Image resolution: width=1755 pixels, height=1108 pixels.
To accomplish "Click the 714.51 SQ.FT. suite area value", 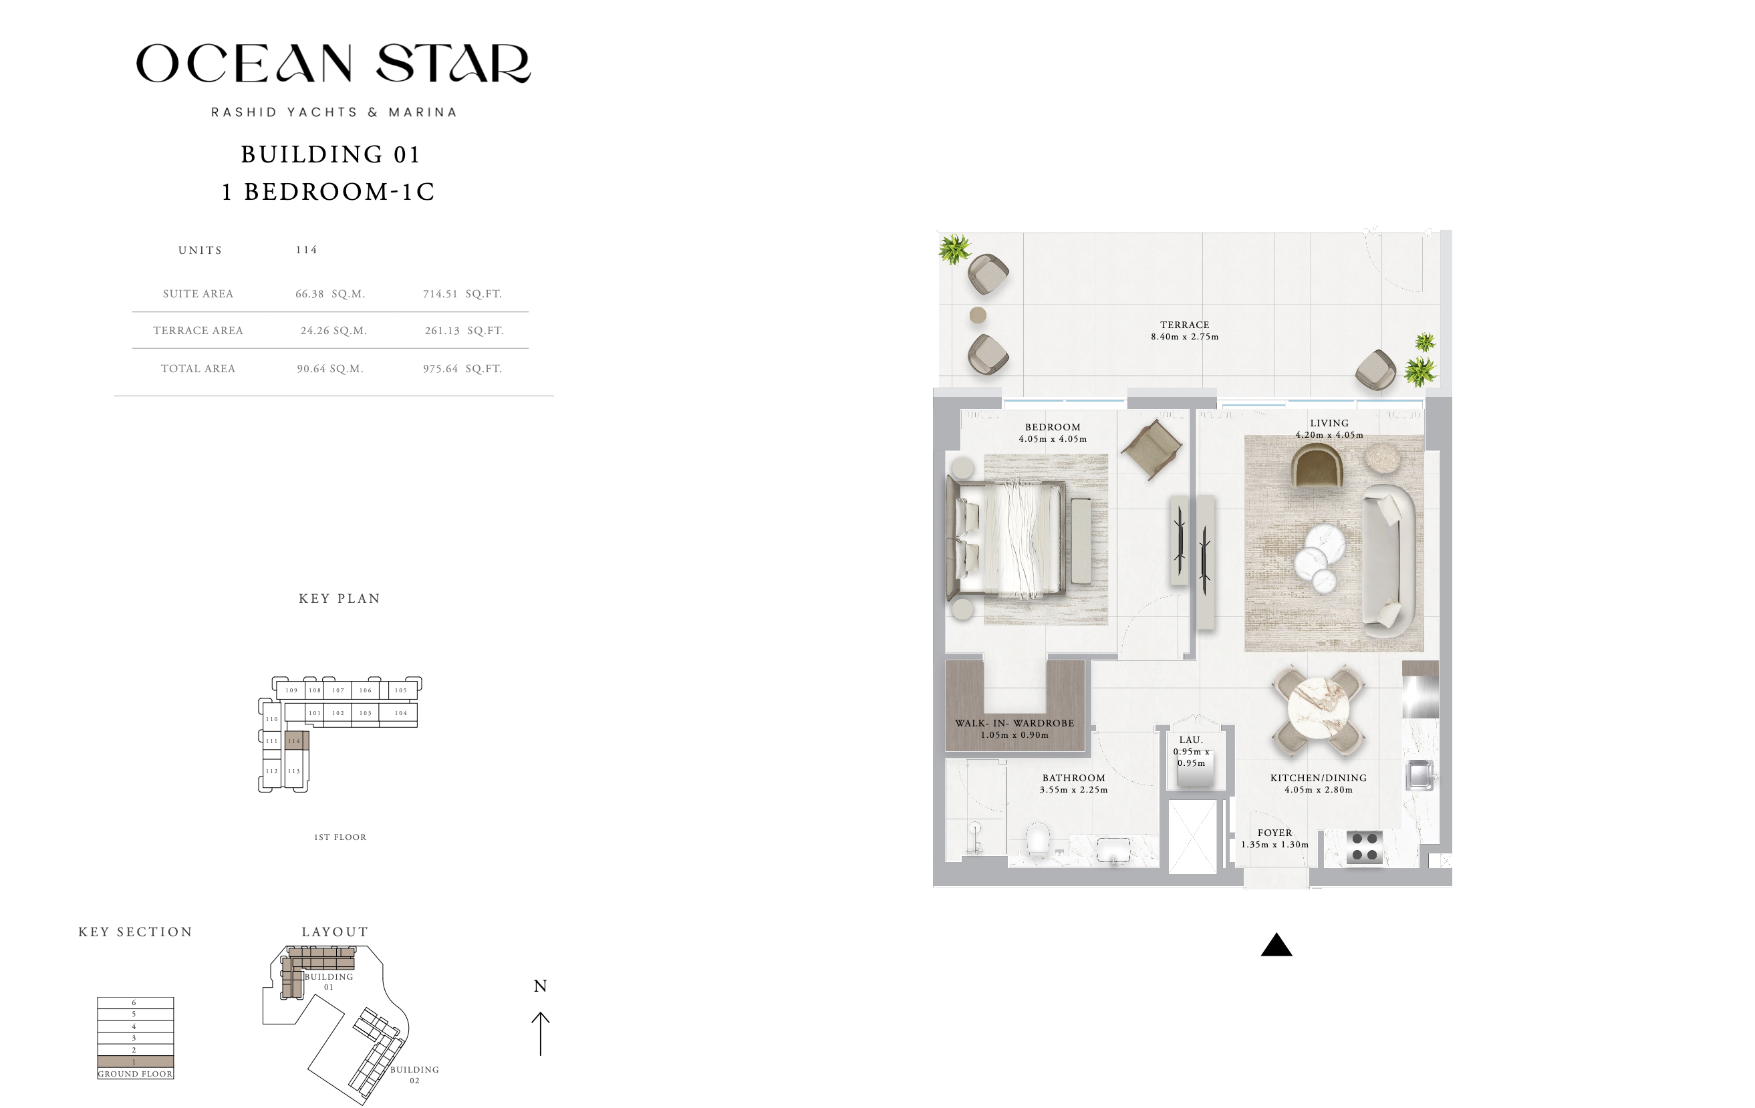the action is click(462, 294).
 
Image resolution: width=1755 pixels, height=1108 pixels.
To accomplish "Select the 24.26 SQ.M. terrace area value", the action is click(333, 330).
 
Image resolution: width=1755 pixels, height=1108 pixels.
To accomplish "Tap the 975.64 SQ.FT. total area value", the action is click(462, 369).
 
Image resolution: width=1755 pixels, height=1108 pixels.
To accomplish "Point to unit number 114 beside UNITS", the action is click(307, 250).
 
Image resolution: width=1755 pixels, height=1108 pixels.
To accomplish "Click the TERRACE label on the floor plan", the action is click(1184, 325).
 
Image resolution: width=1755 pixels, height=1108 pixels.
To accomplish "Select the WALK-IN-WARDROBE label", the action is click(1015, 723).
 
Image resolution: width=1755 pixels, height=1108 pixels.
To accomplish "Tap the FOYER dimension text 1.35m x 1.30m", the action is click(1274, 845).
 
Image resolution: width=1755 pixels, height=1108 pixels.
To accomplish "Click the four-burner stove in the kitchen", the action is click(1364, 847).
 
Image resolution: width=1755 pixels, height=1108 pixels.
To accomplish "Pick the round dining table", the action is click(1319, 709).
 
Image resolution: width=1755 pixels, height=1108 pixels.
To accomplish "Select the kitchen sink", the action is click(1420, 775).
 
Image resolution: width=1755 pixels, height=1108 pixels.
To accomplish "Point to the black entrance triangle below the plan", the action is click(1276, 945).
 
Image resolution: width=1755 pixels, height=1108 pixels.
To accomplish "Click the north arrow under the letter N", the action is click(540, 1034).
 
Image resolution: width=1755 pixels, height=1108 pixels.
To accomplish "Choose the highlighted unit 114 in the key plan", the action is click(297, 740).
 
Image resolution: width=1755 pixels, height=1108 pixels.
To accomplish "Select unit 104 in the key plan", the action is click(401, 713).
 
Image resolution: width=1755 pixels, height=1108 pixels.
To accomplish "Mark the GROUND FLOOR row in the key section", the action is click(136, 1074).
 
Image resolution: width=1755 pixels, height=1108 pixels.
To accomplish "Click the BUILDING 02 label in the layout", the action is click(414, 1075).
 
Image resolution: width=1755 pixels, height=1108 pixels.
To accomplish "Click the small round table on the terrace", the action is click(978, 315).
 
